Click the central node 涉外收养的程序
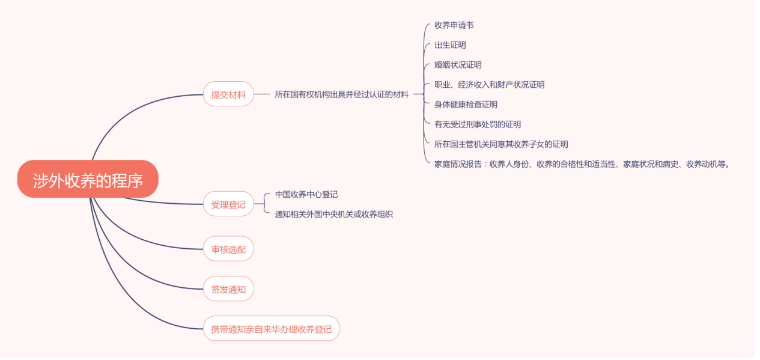click(88, 179)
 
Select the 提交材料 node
click(228, 94)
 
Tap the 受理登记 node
click(228, 204)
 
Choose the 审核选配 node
click(228, 249)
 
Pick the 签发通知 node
click(228, 289)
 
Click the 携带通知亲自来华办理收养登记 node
click(271, 329)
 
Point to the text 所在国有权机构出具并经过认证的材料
click(341, 94)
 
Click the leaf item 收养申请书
click(454, 25)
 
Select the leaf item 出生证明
click(450, 45)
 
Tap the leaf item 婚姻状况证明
click(458, 65)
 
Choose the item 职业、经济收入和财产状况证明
click(489, 85)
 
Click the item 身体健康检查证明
click(466, 105)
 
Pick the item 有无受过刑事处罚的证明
click(477, 124)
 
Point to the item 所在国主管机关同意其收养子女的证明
click(501, 144)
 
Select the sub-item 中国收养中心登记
click(306, 194)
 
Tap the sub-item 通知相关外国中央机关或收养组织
click(333, 214)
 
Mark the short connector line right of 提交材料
click(263, 94)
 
